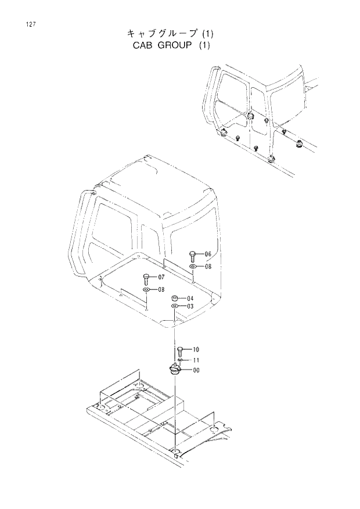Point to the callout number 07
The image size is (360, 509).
click(161, 277)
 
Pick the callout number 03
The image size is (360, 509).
click(190, 306)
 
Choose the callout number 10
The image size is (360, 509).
click(196, 349)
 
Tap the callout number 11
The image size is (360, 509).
click(196, 360)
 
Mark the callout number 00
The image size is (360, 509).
click(196, 370)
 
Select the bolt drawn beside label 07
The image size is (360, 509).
click(146, 279)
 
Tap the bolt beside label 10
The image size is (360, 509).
click(180, 350)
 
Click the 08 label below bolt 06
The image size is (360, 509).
click(208, 267)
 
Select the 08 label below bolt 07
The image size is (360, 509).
click(161, 289)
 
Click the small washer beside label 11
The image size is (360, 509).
click(181, 360)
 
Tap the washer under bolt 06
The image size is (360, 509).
click(193, 267)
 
